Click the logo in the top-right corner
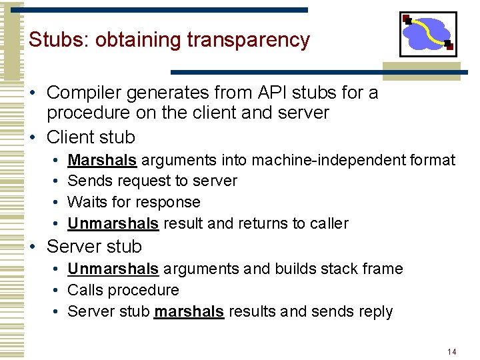(x=427, y=34)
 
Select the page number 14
(x=451, y=351)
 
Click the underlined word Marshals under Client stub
(x=102, y=160)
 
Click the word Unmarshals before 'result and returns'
(x=113, y=223)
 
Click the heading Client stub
(x=91, y=137)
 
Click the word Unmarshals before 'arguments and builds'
(x=113, y=269)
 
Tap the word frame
(x=383, y=269)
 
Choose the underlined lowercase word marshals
(x=189, y=311)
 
